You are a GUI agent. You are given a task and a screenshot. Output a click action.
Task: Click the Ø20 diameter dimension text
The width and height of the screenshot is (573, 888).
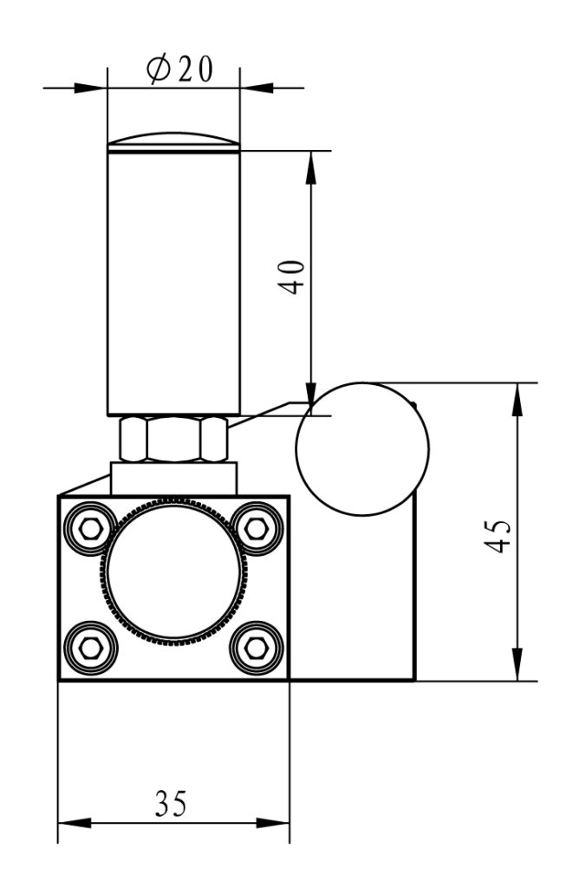(x=179, y=69)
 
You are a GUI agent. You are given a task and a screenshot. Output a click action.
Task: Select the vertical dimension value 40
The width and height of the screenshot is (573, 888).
(x=296, y=277)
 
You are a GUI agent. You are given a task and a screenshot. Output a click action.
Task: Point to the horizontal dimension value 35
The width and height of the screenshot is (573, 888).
(x=171, y=804)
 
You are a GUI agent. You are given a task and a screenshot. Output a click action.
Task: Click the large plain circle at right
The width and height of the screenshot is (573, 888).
(x=362, y=449)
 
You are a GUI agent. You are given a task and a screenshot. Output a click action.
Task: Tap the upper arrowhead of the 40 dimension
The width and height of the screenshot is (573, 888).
(x=309, y=165)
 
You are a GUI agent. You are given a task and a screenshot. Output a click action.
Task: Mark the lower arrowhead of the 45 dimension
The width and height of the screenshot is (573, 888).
(x=518, y=667)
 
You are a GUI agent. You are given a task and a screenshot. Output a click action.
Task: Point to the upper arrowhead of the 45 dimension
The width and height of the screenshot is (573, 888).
(x=518, y=396)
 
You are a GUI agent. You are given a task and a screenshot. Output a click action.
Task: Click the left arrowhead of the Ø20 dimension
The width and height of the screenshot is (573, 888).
(x=92, y=87)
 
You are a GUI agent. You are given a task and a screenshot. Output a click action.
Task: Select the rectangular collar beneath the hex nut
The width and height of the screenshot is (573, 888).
(x=173, y=478)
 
